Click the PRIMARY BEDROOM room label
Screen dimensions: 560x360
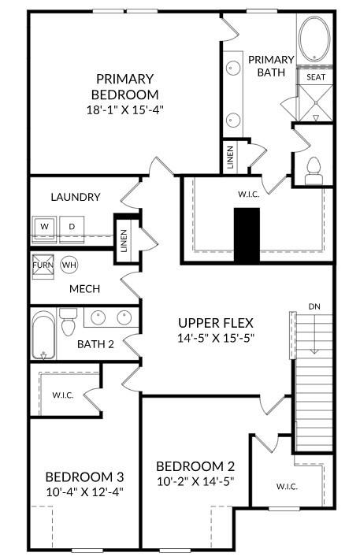(x=124, y=87)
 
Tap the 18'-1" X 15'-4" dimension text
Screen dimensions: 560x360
(x=124, y=110)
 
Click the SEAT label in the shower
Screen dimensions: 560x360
(x=315, y=77)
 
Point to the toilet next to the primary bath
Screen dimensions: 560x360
(x=314, y=169)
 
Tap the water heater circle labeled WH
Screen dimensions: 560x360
(x=69, y=265)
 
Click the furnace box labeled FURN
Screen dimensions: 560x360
(x=43, y=265)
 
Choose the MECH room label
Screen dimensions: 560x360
(x=84, y=289)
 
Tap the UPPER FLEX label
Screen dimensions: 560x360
(x=216, y=322)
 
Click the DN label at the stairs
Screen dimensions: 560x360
(x=314, y=306)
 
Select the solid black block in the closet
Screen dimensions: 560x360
(x=247, y=235)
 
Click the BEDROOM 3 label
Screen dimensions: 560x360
(x=84, y=477)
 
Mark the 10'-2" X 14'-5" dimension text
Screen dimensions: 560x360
(x=195, y=480)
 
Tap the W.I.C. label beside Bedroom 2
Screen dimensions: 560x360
(x=287, y=486)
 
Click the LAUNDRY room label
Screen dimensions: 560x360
(x=75, y=197)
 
